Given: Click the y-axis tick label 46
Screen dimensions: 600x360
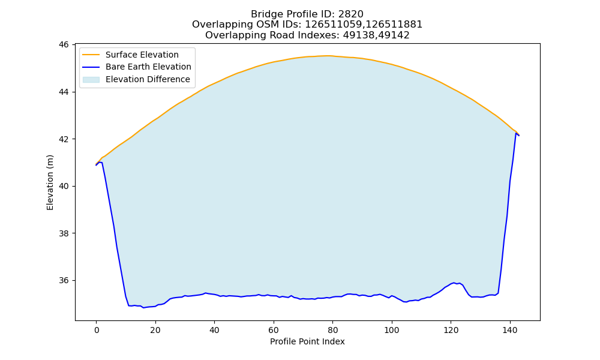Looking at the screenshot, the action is click(x=64, y=45).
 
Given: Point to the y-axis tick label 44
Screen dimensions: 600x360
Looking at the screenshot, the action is click(x=64, y=92).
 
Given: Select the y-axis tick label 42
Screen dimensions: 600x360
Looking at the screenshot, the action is click(x=64, y=139).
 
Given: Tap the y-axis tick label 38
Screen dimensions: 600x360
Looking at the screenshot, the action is click(x=64, y=233).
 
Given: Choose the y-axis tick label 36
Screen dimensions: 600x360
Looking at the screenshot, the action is click(x=64, y=280).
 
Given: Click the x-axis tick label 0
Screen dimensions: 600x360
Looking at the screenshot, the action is click(x=96, y=330).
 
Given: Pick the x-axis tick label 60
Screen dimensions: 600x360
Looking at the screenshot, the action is click(x=273, y=330).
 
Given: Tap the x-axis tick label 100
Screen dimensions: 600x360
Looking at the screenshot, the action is click(x=391, y=330).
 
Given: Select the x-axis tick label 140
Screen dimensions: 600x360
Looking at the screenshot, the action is click(x=509, y=330).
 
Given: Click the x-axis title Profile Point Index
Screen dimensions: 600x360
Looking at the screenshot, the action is click(x=307, y=341).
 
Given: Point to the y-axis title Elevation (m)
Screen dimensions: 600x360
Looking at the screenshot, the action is click(x=50, y=182).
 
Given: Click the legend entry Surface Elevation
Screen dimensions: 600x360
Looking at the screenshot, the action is click(x=142, y=55).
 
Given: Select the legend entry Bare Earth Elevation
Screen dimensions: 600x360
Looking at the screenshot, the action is click(x=148, y=67).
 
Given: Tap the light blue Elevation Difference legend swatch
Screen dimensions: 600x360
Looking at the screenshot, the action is click(x=91, y=80).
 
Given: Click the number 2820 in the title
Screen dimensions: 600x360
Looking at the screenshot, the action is click(x=350, y=14).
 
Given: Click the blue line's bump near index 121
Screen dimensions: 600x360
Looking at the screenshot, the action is click(x=454, y=283).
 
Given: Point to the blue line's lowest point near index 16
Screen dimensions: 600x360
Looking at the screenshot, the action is click(x=143, y=308).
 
